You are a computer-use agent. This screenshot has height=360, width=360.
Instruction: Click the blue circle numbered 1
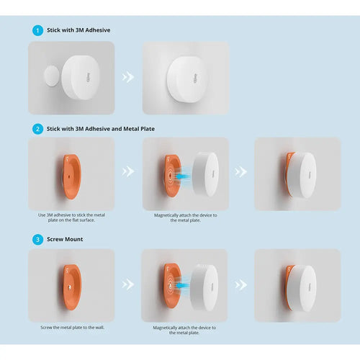[37, 30]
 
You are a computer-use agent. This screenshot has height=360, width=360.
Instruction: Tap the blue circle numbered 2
[37, 129]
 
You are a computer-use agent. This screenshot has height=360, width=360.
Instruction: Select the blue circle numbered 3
[37, 240]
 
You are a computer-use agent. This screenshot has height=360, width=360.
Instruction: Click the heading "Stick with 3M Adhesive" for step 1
[78, 30]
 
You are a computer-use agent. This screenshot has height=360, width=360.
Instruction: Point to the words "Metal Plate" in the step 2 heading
[139, 129]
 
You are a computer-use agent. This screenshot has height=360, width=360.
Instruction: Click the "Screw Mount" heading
[65, 239]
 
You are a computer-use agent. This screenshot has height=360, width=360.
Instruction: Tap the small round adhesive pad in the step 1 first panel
[52, 76]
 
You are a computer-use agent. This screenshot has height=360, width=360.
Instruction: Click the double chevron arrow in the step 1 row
[127, 77]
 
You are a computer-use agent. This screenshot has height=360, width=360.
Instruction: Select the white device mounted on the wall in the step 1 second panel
[186, 79]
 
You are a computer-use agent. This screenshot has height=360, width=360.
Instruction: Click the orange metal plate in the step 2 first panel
[71, 177]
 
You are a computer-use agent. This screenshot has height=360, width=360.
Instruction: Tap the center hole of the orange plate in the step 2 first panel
[69, 177]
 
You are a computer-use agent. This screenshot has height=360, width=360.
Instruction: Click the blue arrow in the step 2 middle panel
[183, 176]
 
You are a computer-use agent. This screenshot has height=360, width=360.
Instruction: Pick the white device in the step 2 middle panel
[205, 174]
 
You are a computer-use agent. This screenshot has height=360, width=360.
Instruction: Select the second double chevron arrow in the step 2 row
[240, 172]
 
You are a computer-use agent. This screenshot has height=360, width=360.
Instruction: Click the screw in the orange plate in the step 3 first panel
[70, 287]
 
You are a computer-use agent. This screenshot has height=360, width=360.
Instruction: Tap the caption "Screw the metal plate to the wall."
[72, 328]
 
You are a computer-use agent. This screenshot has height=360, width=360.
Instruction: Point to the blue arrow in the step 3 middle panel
[182, 285]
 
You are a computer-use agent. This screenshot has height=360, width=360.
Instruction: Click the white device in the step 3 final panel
[302, 288]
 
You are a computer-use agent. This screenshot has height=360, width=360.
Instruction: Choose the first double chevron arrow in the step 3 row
[127, 284]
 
